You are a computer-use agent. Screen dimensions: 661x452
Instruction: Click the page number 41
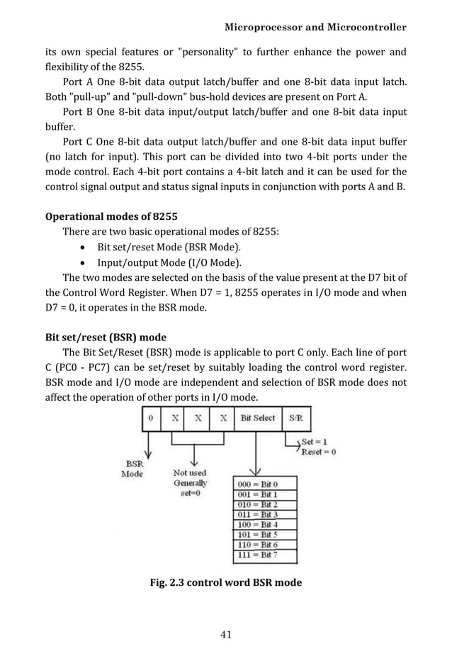pos(226,634)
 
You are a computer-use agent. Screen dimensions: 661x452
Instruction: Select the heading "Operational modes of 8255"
pos(111,216)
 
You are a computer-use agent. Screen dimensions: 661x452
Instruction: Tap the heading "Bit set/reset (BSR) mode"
pos(106,337)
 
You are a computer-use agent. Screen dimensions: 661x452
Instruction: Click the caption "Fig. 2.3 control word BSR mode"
pos(226,582)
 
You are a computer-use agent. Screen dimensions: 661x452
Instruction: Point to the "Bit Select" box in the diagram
pos(257,418)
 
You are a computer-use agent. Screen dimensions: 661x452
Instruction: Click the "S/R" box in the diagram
pos(294,418)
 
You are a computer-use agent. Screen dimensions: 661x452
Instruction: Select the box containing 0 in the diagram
pos(151,418)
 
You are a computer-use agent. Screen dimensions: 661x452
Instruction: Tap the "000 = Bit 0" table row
pos(257,483)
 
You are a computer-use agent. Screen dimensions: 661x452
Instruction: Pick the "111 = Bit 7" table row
pos(257,554)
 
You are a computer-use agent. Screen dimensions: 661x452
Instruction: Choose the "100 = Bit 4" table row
pos(257,523)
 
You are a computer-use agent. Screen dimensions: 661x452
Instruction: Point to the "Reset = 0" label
pos(319,451)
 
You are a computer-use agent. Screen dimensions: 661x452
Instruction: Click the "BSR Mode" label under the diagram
pos(132,469)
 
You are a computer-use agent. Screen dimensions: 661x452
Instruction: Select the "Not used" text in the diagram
pos(190,472)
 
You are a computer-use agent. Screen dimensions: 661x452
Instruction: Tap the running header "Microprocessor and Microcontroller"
pos(315,28)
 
